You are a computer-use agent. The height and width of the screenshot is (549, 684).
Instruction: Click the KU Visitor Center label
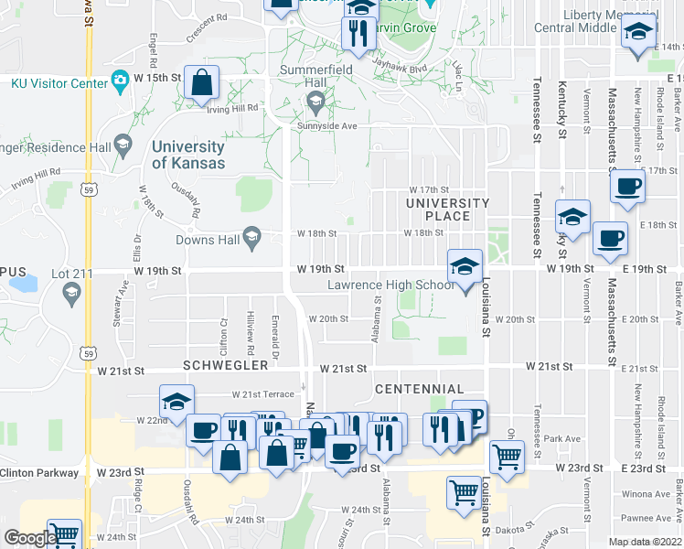[59, 82]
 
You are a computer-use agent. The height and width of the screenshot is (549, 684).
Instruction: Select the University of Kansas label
[187, 155]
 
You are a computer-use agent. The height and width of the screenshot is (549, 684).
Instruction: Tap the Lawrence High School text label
[390, 285]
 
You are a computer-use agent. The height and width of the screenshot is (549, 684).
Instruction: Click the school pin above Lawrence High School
[465, 267]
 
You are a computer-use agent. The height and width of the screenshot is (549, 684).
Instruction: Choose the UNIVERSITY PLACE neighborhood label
[448, 210]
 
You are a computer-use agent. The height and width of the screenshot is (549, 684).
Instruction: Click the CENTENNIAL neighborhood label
[420, 389]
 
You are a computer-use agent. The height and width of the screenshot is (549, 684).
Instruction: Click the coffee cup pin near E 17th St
[627, 188]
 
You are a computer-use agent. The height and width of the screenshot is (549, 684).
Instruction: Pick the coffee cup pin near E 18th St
[610, 239]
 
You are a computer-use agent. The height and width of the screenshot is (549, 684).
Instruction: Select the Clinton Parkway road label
[36, 473]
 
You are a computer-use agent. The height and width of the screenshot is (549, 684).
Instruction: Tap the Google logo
[30, 538]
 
